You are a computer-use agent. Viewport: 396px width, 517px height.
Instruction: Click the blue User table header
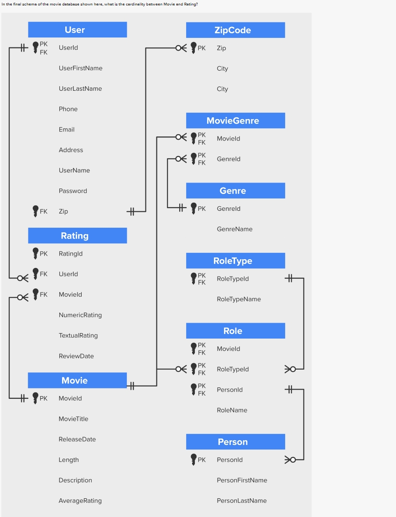coord(77,30)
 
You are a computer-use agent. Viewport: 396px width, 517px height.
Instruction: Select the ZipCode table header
coord(235,30)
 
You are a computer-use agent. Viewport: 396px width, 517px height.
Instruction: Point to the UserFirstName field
coord(80,68)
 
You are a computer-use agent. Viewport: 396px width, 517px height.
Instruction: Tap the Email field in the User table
coord(67,130)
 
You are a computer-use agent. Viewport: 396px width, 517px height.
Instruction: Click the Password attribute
coord(73,191)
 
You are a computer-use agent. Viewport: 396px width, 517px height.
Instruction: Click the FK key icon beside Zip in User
coord(36,211)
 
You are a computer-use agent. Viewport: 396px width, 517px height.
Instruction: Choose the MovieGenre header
coord(235,120)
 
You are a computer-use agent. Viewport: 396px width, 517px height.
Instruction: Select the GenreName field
coord(234,229)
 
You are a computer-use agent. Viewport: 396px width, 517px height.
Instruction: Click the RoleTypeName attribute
coord(239,299)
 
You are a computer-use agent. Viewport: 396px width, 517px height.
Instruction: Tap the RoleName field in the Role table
coord(232,410)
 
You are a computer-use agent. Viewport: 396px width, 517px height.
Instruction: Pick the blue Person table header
coord(235,442)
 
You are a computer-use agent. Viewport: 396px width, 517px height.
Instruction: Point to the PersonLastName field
coord(242,501)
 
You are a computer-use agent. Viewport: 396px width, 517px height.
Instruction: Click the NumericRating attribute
coord(80,315)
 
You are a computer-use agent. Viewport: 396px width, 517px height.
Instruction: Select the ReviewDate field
coord(76,356)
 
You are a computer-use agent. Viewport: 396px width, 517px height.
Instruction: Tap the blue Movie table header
coord(77,381)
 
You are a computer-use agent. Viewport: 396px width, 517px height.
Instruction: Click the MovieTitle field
coord(73,419)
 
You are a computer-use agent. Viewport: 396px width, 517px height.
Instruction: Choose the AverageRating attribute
coord(80,501)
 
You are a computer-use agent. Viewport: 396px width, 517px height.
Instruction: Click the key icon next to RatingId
coord(36,253)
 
